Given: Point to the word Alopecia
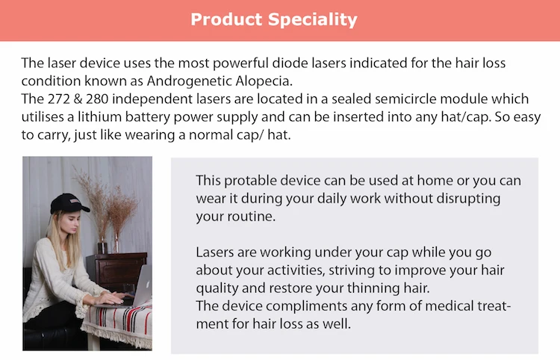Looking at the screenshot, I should (x=231, y=81).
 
